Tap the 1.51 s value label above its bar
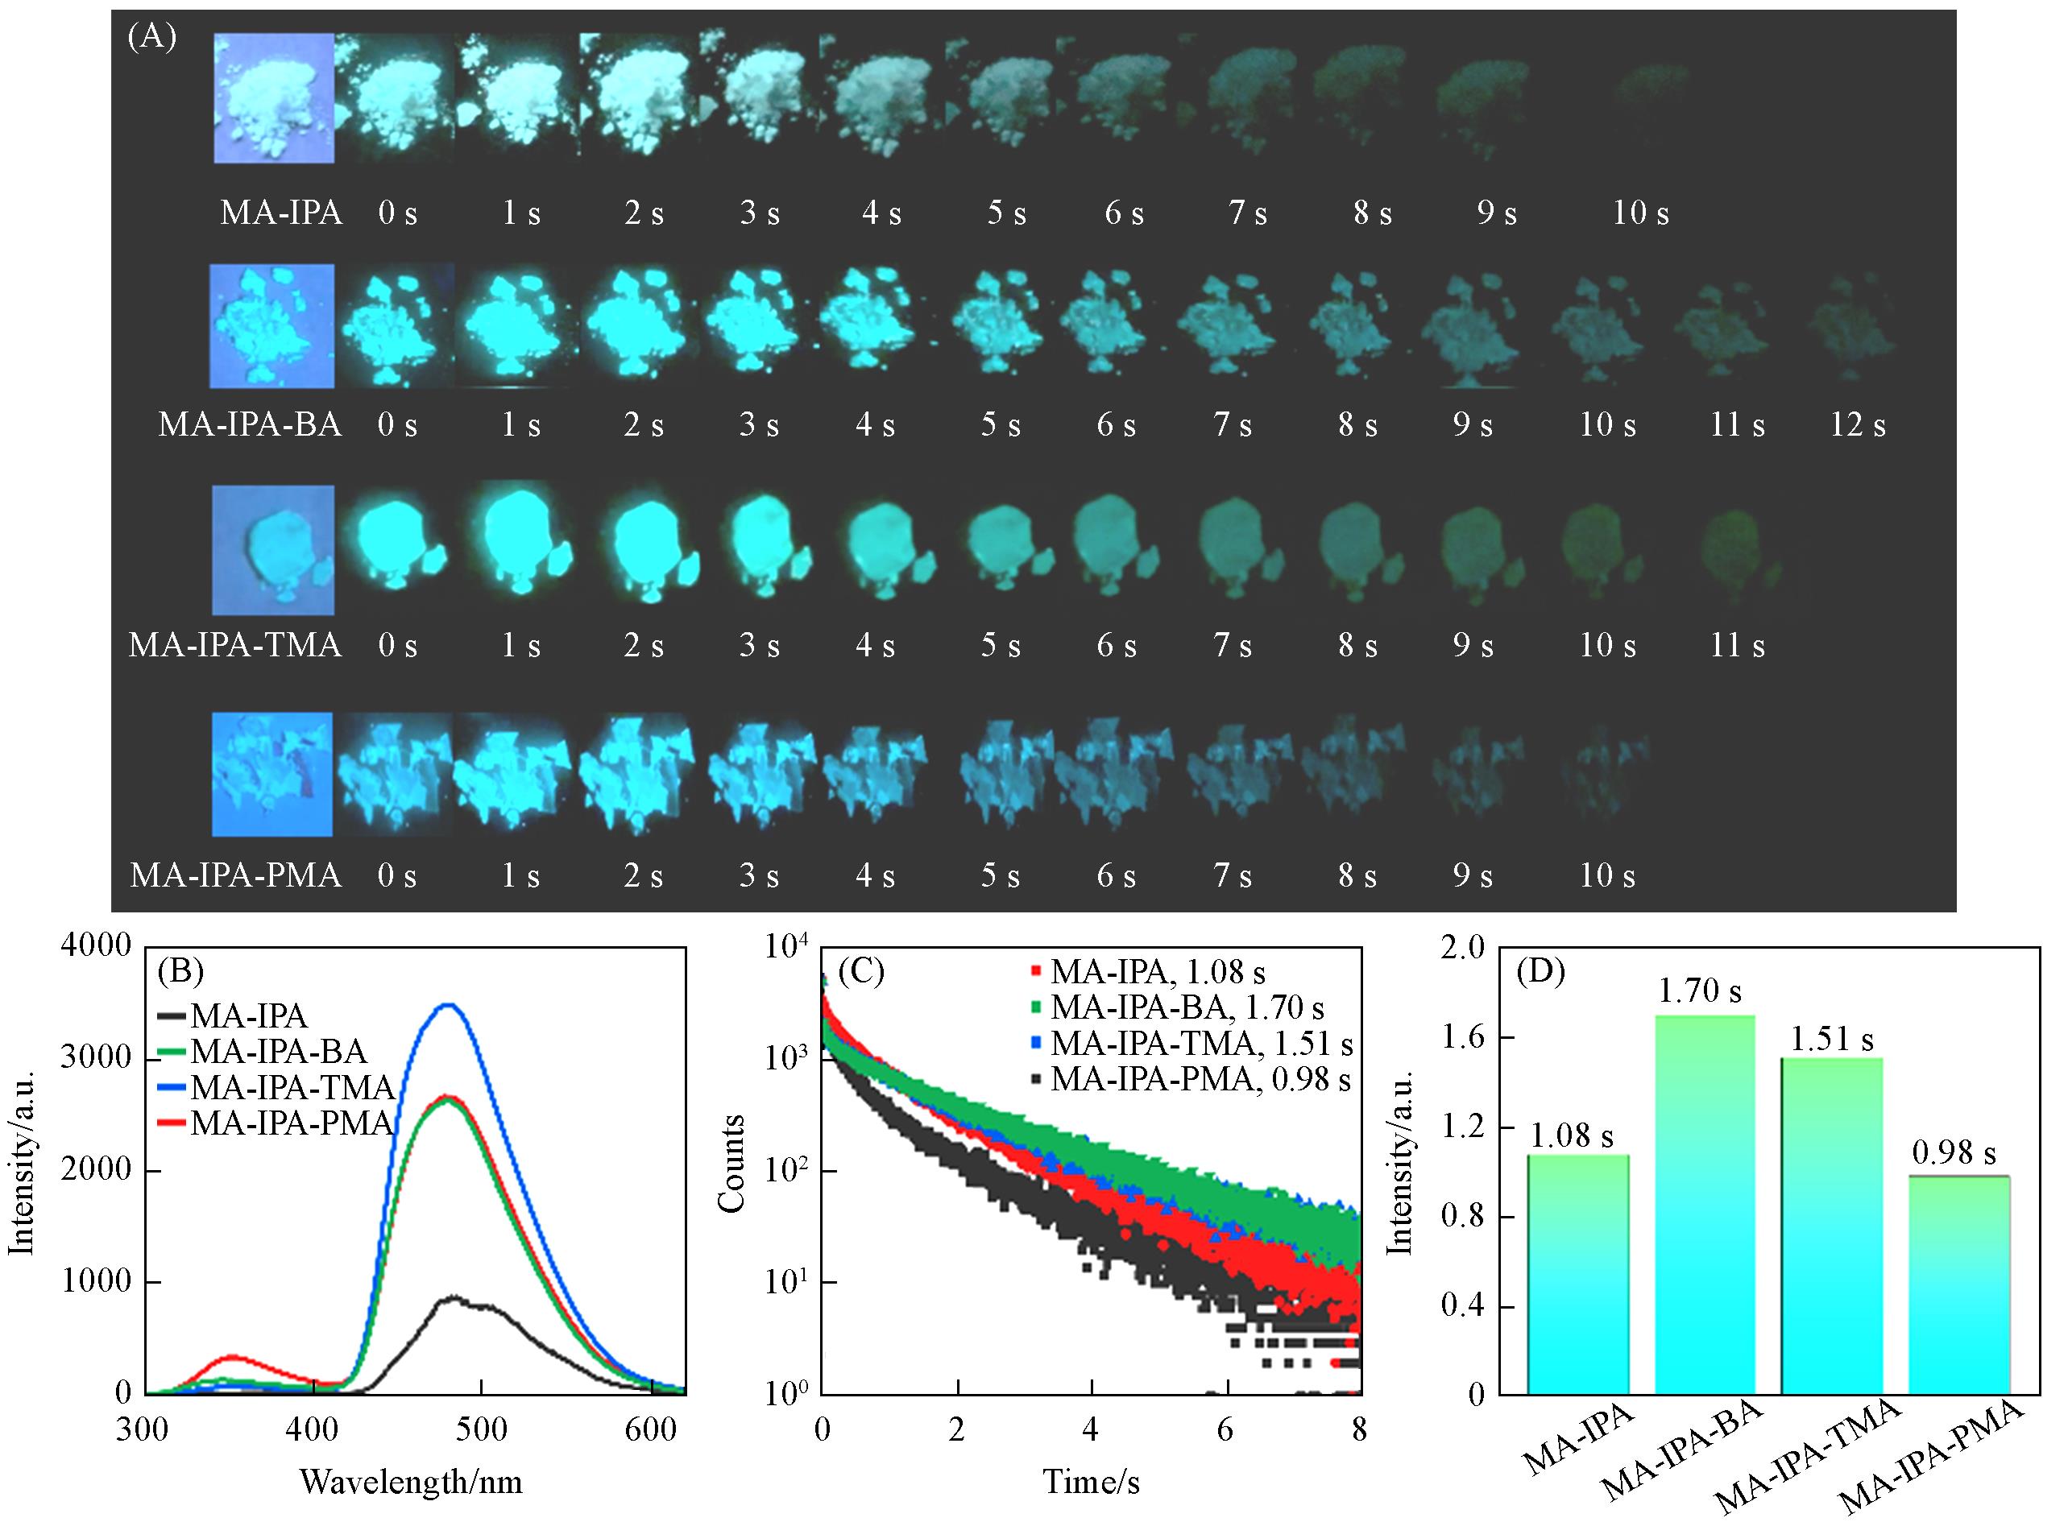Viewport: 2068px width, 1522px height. point(1831,1040)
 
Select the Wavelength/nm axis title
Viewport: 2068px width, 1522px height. point(411,1483)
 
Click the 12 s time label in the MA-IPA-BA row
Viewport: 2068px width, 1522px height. point(1857,424)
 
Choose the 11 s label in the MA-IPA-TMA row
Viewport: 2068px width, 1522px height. point(1736,645)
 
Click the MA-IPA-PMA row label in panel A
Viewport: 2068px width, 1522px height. point(236,875)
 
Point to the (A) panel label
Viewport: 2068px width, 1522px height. point(152,37)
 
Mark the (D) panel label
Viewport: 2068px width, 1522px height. point(1541,972)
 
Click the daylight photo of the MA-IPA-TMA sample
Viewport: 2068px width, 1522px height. point(273,550)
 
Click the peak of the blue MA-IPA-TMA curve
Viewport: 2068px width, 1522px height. point(447,1005)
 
